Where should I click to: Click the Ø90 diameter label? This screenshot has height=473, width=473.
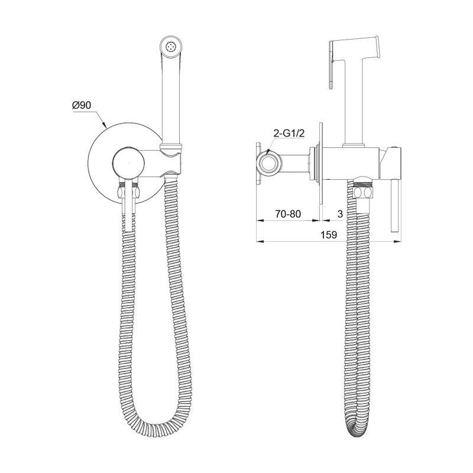coord(82,105)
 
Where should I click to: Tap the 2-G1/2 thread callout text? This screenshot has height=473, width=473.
coord(289,134)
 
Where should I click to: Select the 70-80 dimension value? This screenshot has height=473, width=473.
coord(288,214)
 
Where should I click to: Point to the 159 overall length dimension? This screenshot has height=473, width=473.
coord(329,235)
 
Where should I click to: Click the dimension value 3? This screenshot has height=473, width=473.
coord(341,214)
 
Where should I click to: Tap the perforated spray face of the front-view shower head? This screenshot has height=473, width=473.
coord(171,47)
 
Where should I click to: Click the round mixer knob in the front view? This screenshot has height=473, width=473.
coord(128,163)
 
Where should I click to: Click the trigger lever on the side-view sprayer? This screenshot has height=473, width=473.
coord(331,65)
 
